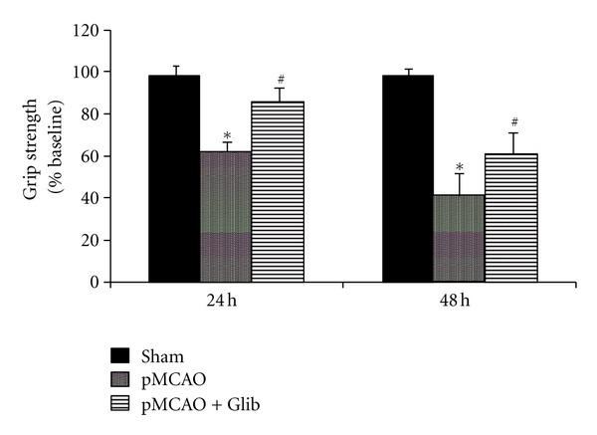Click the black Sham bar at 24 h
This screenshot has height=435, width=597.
(174, 179)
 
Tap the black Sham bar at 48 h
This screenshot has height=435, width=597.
(408, 179)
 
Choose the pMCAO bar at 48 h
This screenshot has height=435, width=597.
(459, 239)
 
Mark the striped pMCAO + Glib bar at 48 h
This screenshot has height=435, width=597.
(510, 218)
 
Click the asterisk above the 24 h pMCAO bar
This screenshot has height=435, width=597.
(227, 135)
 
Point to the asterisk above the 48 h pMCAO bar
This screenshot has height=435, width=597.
(459, 167)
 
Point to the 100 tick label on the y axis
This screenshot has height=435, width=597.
(88, 73)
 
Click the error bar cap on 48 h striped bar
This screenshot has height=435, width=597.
(510, 133)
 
